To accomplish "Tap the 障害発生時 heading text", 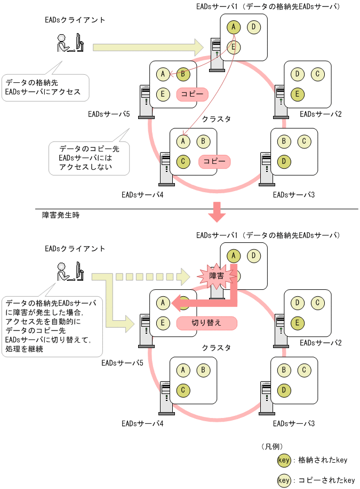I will (61, 215).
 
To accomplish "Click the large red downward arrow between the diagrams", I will (217, 211).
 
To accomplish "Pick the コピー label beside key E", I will (191, 94).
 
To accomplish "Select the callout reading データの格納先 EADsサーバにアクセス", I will (45, 87).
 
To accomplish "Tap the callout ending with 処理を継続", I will (52, 326).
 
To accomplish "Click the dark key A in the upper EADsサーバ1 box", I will (234, 27).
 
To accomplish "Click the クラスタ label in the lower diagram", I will (216, 348).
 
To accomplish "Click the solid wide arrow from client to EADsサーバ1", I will (147, 47).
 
